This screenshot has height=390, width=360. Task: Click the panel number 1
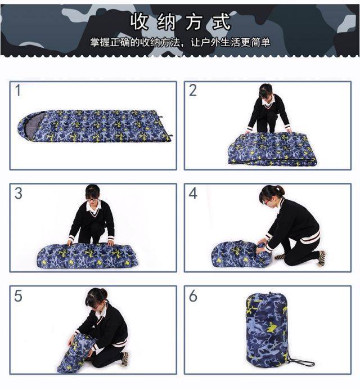click(18, 90)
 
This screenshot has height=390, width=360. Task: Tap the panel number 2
click(193, 90)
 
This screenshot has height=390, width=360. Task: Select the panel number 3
click(18, 193)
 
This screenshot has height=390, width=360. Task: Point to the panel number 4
click(193, 193)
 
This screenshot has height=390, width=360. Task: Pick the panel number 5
click(18, 295)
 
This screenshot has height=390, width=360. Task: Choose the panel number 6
click(193, 295)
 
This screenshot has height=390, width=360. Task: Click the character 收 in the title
click(140, 21)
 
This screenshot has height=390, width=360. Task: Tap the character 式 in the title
click(222, 21)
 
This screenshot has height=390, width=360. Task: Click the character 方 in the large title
click(195, 21)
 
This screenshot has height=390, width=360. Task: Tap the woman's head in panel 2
click(265, 91)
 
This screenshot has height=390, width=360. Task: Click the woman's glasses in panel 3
click(92, 199)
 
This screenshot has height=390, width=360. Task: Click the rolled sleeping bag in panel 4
click(240, 254)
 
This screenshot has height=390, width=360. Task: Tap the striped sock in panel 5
click(125, 358)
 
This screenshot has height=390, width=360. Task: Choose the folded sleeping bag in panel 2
click(273, 149)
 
